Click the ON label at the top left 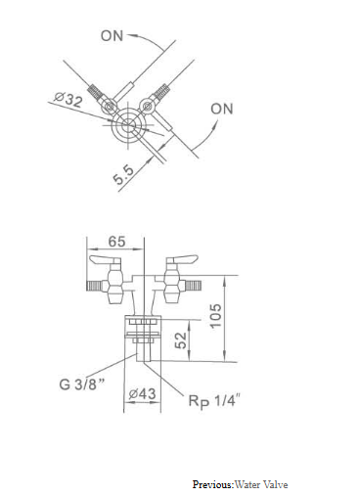(x=112, y=36)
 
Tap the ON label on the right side (x=222, y=109)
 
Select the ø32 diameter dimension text (x=67, y=100)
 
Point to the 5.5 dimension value (x=123, y=174)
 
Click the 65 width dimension (x=116, y=242)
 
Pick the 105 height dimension (x=215, y=316)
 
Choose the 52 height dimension (x=181, y=340)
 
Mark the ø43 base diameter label (x=142, y=394)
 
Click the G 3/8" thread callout (x=82, y=383)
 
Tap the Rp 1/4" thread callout (x=214, y=401)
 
